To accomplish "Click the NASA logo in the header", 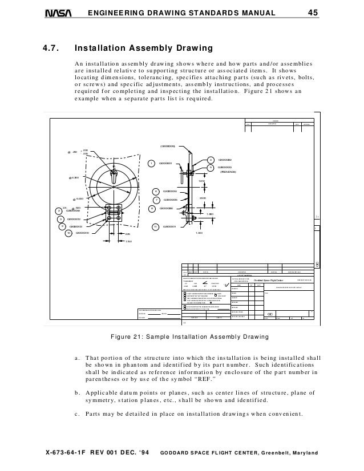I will click(x=59, y=13).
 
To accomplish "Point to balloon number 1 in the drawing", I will click(x=152, y=164).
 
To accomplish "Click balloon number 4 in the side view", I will click(x=210, y=160).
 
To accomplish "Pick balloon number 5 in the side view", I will click(x=210, y=167).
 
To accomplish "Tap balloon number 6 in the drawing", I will click(x=156, y=191).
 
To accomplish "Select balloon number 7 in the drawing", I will click(x=156, y=200).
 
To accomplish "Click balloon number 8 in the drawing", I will click(x=152, y=209).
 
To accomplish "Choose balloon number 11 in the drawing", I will click(x=155, y=227).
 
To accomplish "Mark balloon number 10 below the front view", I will click(x=68, y=233).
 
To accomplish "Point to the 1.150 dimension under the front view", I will click(x=129, y=242).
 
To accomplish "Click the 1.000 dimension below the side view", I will click(x=200, y=233).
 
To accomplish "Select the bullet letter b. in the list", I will click(x=77, y=392).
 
